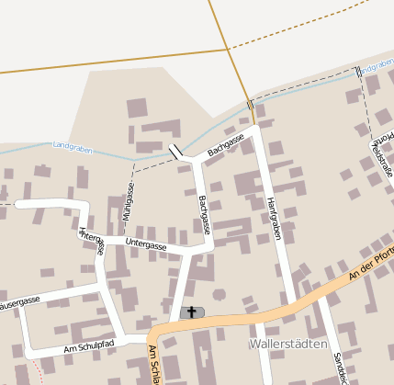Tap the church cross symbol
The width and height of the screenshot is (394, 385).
tap(192, 312)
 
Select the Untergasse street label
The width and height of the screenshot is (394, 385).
tap(146, 245)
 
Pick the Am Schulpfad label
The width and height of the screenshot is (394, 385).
tap(88, 347)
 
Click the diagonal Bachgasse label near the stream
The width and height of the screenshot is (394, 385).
tap(225, 144)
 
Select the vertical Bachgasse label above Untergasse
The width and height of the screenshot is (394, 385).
tap(204, 213)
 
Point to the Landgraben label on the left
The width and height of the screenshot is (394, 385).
tap(73, 146)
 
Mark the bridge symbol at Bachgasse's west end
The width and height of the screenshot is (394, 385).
tap(175, 151)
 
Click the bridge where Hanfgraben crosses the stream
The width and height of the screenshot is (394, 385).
tap(251, 105)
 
